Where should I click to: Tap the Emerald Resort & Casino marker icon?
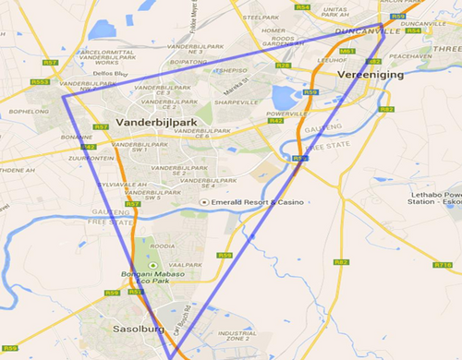[205, 201]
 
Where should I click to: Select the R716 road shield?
[443, 265]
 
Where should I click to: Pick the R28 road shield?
[283, 66]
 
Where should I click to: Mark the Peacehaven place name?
[411, 55]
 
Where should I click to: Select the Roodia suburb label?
[163, 246]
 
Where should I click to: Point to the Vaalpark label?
[185, 263]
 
